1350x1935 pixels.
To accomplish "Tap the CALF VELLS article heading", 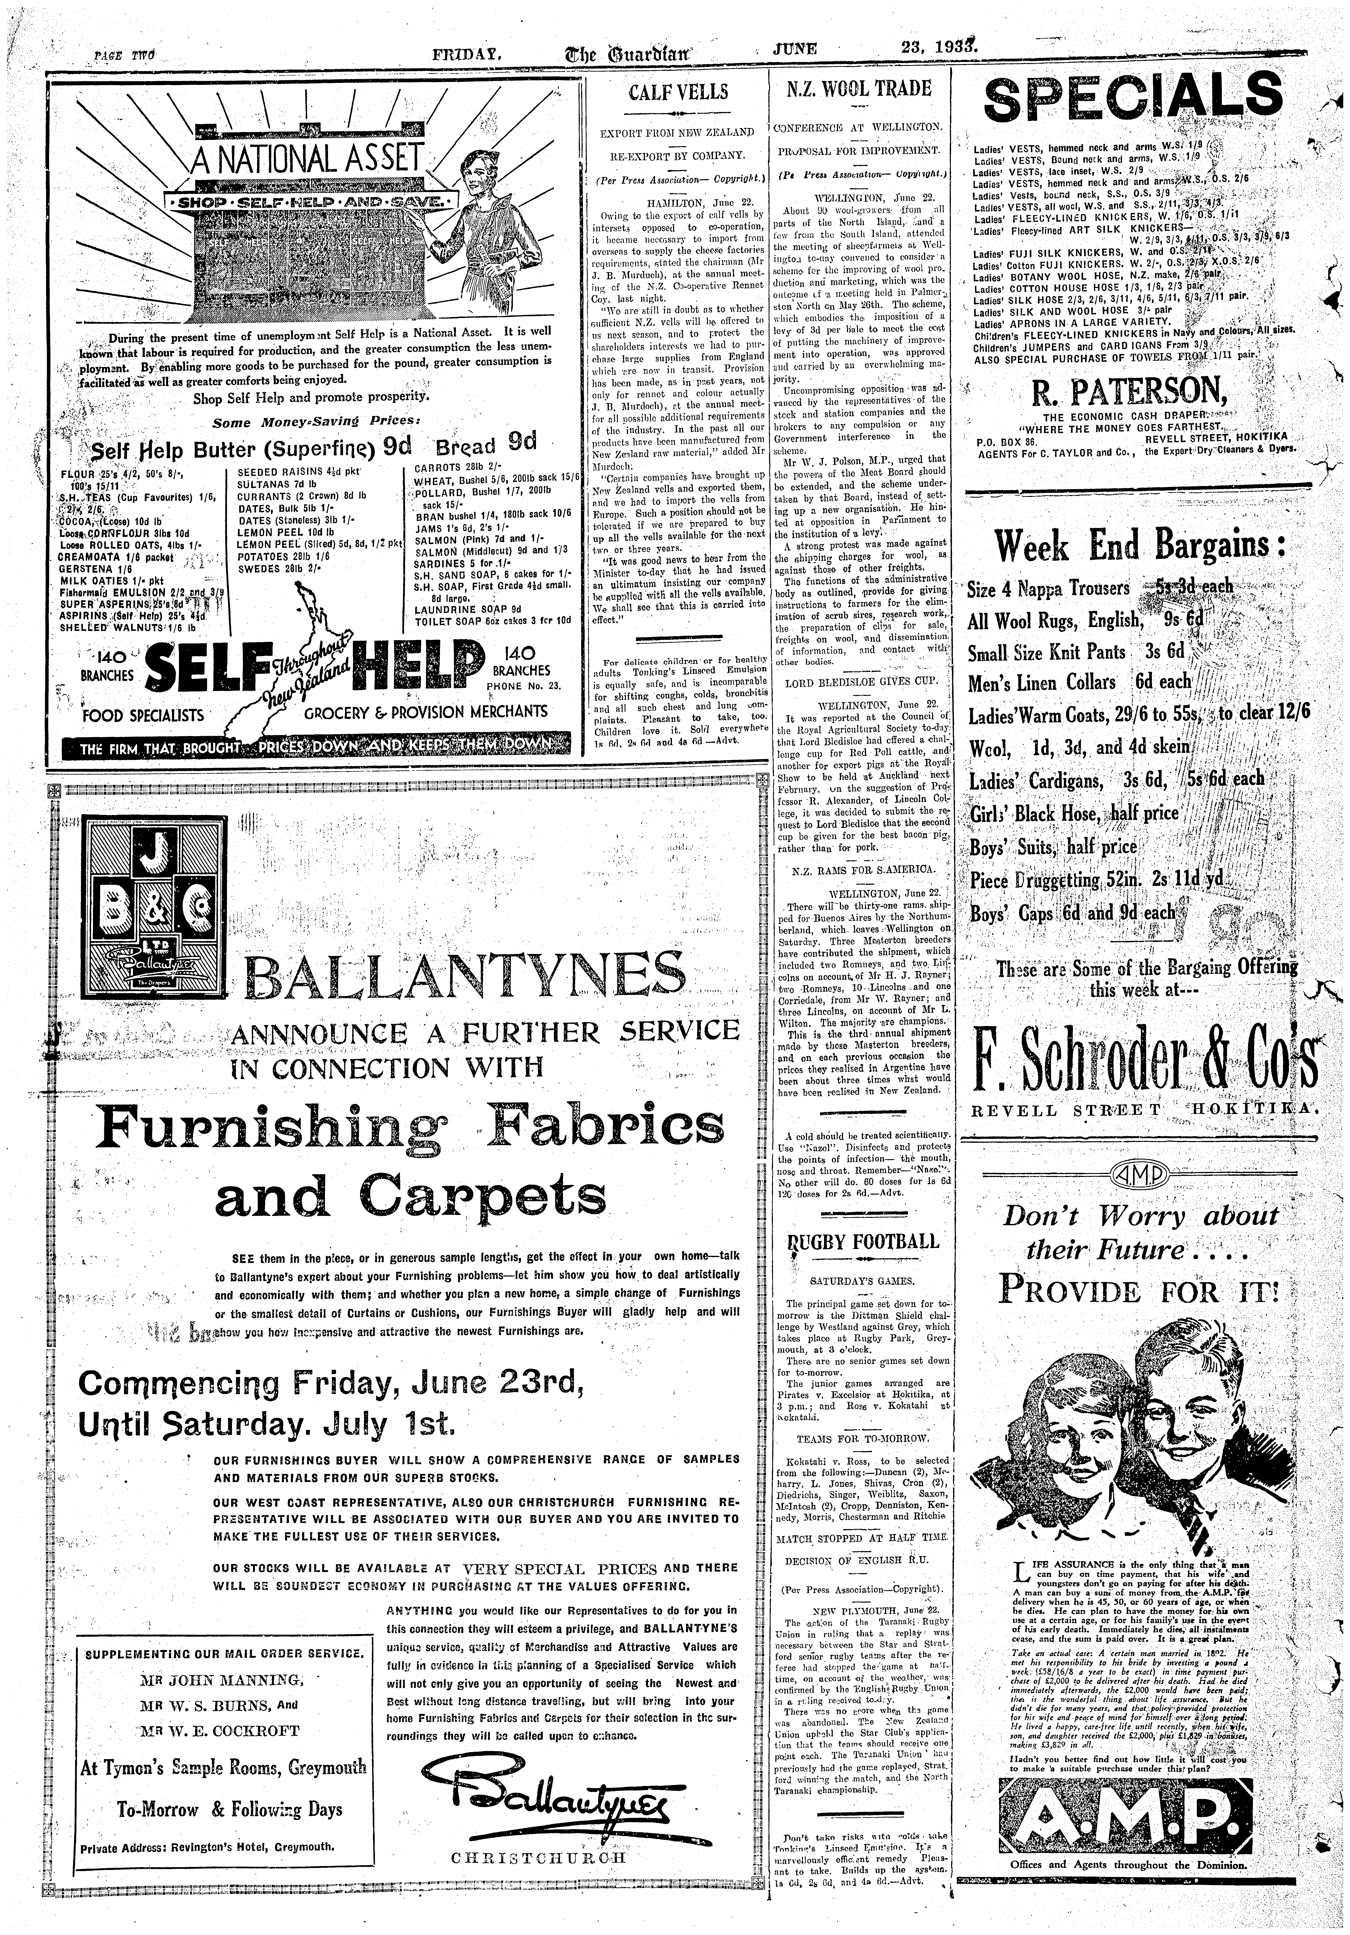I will [678, 91].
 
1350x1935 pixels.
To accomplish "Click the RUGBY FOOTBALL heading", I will [861, 1241].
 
